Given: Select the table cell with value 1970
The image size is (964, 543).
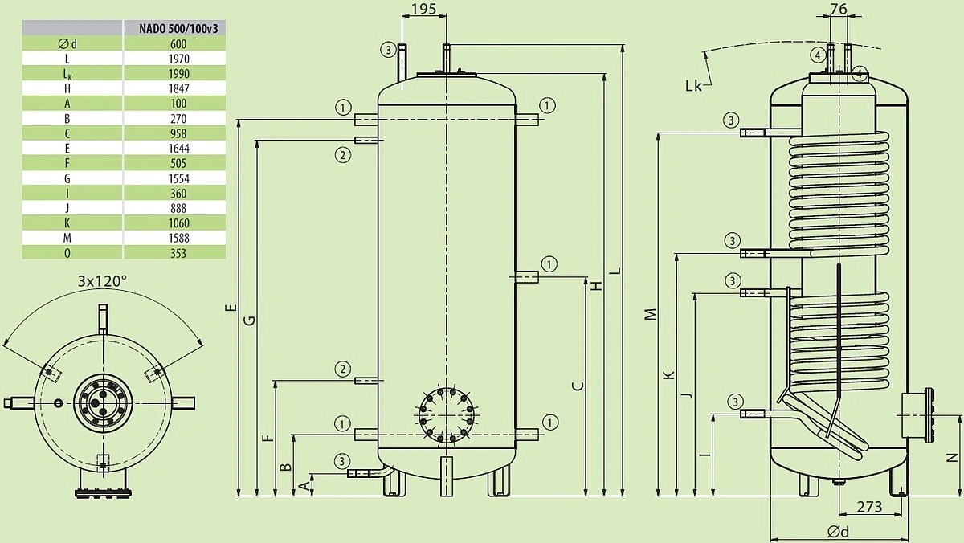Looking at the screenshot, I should (x=178, y=58).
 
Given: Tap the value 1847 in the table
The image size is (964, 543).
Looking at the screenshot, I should (x=178, y=88).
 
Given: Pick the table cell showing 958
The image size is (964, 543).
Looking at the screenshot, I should (x=178, y=133).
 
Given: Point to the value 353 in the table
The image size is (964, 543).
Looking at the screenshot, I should (x=178, y=253).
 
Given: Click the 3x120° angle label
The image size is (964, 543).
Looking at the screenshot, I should (x=102, y=281).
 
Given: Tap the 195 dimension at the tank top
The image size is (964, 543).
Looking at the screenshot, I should (x=423, y=9).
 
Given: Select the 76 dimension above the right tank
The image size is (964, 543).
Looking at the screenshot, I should (x=837, y=9).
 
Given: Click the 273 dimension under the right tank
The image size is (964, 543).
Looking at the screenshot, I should (x=869, y=507).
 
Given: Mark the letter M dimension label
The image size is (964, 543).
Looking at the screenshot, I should (x=651, y=314).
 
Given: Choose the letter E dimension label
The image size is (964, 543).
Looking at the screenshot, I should (x=231, y=307).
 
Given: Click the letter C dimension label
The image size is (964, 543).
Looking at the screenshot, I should (x=576, y=386).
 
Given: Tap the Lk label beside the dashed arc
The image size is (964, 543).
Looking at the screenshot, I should (x=692, y=85).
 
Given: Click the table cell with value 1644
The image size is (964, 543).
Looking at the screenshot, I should (x=178, y=149).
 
